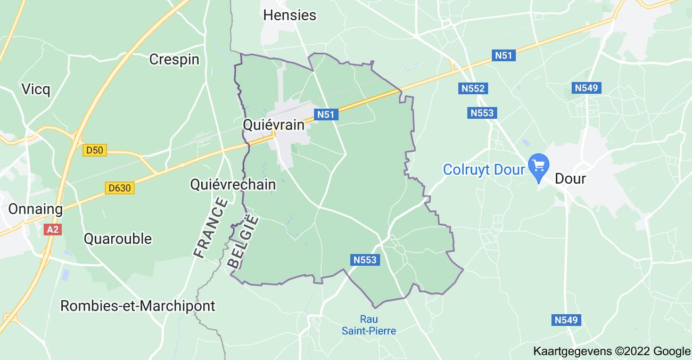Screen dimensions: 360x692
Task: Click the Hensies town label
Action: coord(290,15)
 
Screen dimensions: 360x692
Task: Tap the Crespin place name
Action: coord(174,59)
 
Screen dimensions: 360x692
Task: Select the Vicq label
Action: coord(36,89)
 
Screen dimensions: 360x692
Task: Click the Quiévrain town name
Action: coord(274,125)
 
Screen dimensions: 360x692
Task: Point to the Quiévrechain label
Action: coord(233,184)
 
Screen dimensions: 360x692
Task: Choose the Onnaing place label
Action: coord(35,209)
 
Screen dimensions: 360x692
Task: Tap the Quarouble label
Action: coord(118,238)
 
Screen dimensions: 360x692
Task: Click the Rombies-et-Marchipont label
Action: coord(138,306)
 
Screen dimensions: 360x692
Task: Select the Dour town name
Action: coord(570,178)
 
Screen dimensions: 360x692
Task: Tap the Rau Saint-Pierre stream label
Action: coord(369,325)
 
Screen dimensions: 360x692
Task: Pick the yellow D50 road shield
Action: coord(95,151)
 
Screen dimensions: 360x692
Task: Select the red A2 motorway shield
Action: coord(52,229)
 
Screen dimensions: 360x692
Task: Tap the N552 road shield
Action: coord(473,88)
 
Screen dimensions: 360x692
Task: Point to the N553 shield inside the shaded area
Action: coord(365,260)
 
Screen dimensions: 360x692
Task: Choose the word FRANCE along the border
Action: coord(210,228)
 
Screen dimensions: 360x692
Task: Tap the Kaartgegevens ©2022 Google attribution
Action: coord(611,351)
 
